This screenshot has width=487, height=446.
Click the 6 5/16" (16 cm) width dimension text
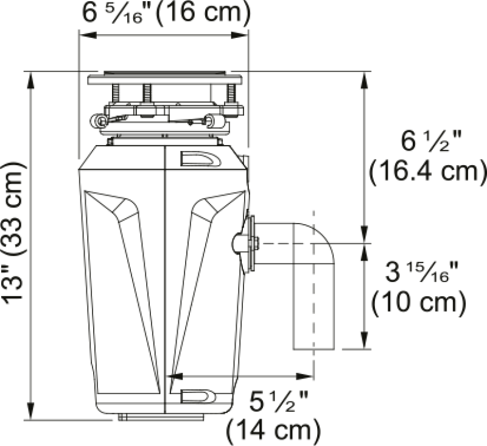(x=166, y=14)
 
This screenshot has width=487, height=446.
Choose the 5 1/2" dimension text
(x=279, y=402)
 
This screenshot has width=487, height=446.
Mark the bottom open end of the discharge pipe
(x=314, y=348)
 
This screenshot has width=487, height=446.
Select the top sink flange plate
(x=164, y=79)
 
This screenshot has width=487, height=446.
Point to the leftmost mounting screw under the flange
(x=116, y=93)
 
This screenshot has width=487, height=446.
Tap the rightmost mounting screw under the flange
(x=231, y=93)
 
